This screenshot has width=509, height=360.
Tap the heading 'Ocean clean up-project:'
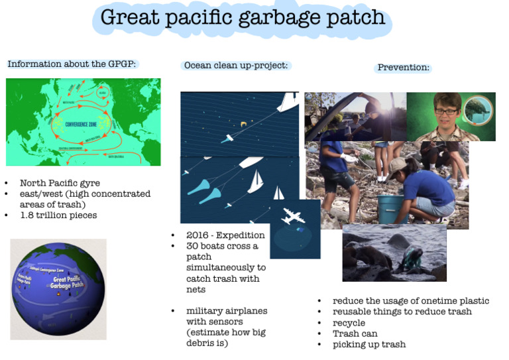click(x=235, y=66)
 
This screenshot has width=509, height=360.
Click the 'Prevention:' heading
click(x=403, y=68)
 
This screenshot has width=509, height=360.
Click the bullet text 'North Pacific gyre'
click(x=60, y=183)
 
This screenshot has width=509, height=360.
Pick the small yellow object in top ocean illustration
click(x=244, y=123)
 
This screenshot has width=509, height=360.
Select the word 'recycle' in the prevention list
click(x=349, y=323)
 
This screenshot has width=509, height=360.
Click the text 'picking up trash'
click(x=369, y=344)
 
